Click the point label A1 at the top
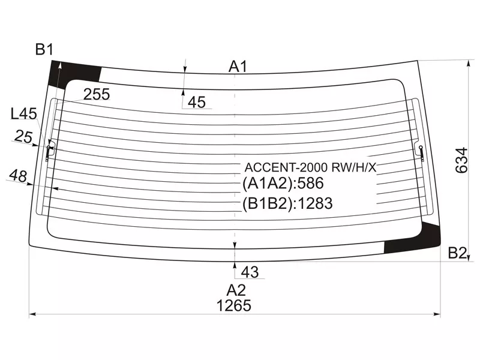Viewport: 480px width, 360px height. click(x=238, y=67)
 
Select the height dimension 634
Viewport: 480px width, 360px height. click(x=461, y=160)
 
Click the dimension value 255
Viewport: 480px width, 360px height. click(x=96, y=94)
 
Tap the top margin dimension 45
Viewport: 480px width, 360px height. click(x=197, y=103)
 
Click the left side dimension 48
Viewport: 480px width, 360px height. click(x=18, y=176)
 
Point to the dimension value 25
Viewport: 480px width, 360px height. click(x=23, y=137)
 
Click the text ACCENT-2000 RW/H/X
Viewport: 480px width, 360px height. click(x=309, y=167)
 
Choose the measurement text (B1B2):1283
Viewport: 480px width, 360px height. click(x=287, y=203)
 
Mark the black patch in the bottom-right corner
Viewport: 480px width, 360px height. click(x=414, y=242)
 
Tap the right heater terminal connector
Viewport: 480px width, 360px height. click(x=421, y=152)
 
